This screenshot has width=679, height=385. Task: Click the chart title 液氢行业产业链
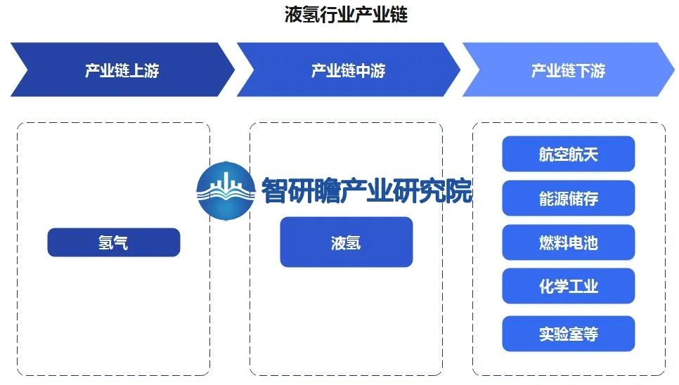[346, 15]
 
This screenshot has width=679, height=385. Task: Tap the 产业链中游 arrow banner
[348, 70]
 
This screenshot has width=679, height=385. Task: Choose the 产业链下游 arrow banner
[568, 70]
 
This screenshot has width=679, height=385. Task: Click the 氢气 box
[114, 243]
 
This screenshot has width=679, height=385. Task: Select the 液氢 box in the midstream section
[346, 242]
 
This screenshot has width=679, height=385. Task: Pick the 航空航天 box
[568, 155]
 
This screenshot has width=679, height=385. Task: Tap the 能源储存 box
[568, 199]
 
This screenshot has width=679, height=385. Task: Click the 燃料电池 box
[568, 243]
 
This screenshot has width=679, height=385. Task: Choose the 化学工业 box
[568, 287]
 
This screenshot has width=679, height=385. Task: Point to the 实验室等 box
[568, 334]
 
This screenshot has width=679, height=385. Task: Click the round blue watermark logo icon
[225, 190]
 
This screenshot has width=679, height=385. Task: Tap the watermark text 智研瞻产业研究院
[366, 190]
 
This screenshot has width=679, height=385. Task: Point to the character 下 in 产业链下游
[583, 71]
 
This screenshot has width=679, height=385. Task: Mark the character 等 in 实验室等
[590, 334]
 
